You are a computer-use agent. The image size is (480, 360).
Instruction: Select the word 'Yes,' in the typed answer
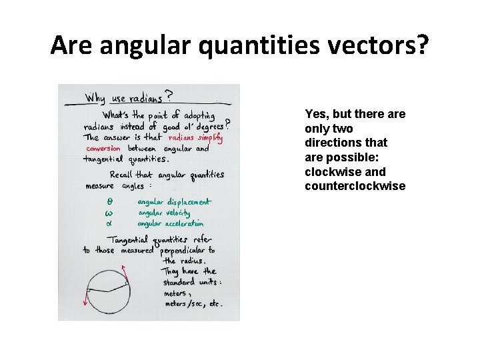pos(317,114)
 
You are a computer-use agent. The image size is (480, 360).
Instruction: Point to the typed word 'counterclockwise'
pos(355,186)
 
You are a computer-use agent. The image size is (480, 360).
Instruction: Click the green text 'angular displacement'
pos(174,201)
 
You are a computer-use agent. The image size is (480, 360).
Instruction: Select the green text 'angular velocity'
pos(164,213)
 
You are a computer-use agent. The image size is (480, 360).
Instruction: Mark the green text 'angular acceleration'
pos(171,224)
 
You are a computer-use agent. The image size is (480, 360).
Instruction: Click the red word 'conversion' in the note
pos(103,149)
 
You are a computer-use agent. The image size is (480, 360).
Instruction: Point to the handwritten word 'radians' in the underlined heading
pos(145,98)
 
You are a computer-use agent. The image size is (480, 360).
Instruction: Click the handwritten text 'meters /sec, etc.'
pos(193,303)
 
